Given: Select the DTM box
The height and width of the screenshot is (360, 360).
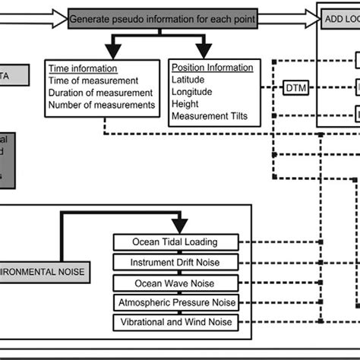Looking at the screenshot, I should (x=295, y=89).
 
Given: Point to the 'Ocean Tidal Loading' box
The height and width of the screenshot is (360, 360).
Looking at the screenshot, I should (x=175, y=242).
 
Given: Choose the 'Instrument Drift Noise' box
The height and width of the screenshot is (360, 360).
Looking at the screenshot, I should (x=175, y=262).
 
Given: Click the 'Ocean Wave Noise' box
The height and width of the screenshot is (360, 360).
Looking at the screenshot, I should (x=175, y=283).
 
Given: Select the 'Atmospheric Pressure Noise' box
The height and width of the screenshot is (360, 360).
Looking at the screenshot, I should (x=175, y=302).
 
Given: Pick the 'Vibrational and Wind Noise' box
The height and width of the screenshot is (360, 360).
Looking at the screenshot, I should (x=175, y=323).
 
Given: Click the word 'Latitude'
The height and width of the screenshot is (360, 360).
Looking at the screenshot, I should (x=191, y=80).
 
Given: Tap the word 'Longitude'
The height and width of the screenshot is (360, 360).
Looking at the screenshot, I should (x=194, y=92).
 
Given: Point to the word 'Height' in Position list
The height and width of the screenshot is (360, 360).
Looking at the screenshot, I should (x=187, y=104).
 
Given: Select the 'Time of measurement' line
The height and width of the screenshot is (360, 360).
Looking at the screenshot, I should (x=93, y=80).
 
